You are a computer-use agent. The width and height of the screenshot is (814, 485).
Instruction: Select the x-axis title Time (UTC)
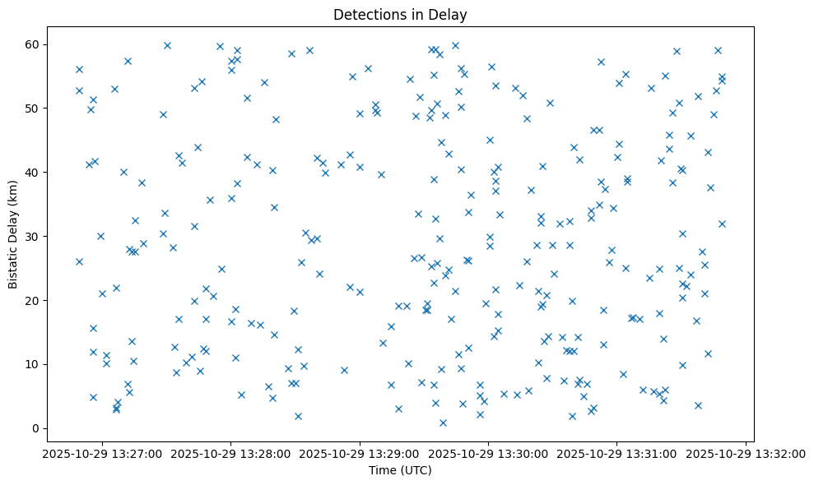coord(400,471)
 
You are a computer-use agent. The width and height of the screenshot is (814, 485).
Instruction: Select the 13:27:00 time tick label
coord(102,453)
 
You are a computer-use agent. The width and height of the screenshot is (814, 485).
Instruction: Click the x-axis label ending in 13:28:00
coord(230,453)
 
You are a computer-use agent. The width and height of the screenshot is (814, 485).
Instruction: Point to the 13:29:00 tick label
coord(360,453)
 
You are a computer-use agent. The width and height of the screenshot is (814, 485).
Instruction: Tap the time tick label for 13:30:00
coord(488,453)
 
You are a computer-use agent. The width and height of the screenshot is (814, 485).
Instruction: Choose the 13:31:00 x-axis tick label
coord(617,453)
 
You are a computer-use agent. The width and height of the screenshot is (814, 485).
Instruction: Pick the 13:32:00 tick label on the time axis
coord(746,453)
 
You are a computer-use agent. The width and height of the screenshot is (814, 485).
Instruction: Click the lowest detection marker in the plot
coord(443,423)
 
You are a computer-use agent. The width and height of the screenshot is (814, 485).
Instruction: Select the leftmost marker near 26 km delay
coord(79,261)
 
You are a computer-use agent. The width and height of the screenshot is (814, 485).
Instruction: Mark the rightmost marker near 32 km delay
coord(722,224)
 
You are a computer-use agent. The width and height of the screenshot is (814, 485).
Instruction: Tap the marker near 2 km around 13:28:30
coord(298,416)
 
